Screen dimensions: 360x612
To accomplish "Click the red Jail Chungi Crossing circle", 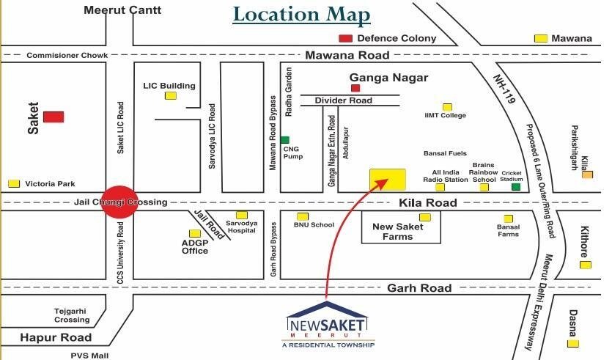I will pyautogui.click(x=119, y=202).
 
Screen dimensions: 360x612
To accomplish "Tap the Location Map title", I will pyautogui.click(x=302, y=15).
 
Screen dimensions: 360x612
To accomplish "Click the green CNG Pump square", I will pyautogui.click(x=285, y=139).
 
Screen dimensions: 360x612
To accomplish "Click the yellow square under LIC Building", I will pyautogui.click(x=170, y=95).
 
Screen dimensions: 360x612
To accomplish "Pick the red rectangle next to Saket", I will pyautogui.click(x=53, y=117).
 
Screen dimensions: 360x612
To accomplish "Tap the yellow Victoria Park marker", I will pyautogui.click(x=14, y=183).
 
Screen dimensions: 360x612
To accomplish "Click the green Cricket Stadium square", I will pyautogui.click(x=516, y=187).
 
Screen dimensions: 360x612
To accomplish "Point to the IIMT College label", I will pyautogui.click(x=446, y=115).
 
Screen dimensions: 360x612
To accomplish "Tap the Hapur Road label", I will pyautogui.click(x=56, y=337).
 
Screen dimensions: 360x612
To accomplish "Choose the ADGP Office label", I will pyautogui.click(x=195, y=246).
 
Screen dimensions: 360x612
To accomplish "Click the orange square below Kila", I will pyautogui.click(x=586, y=175).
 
